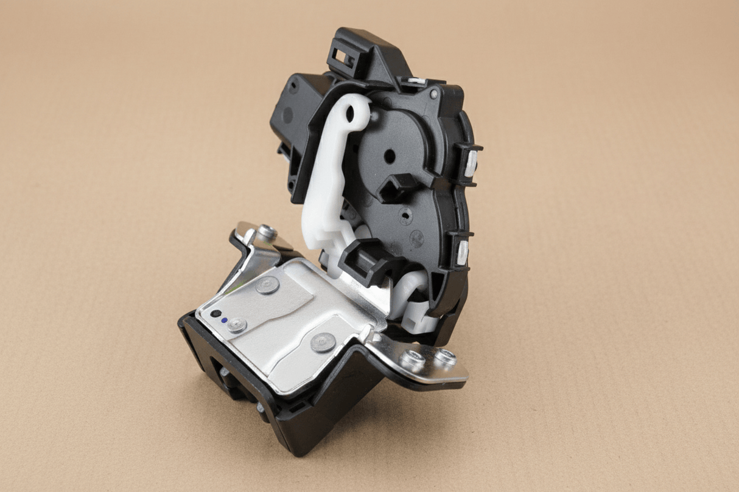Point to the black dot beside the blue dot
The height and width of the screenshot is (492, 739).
215,314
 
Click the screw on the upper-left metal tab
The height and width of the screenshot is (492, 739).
266,231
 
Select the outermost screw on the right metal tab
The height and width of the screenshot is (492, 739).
445,358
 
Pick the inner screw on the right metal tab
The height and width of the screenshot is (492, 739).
414,361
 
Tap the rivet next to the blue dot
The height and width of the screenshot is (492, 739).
236,325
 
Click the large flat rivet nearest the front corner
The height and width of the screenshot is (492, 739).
322,342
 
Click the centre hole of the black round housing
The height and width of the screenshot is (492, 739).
389,156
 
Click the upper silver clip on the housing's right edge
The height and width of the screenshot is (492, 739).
471,162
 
